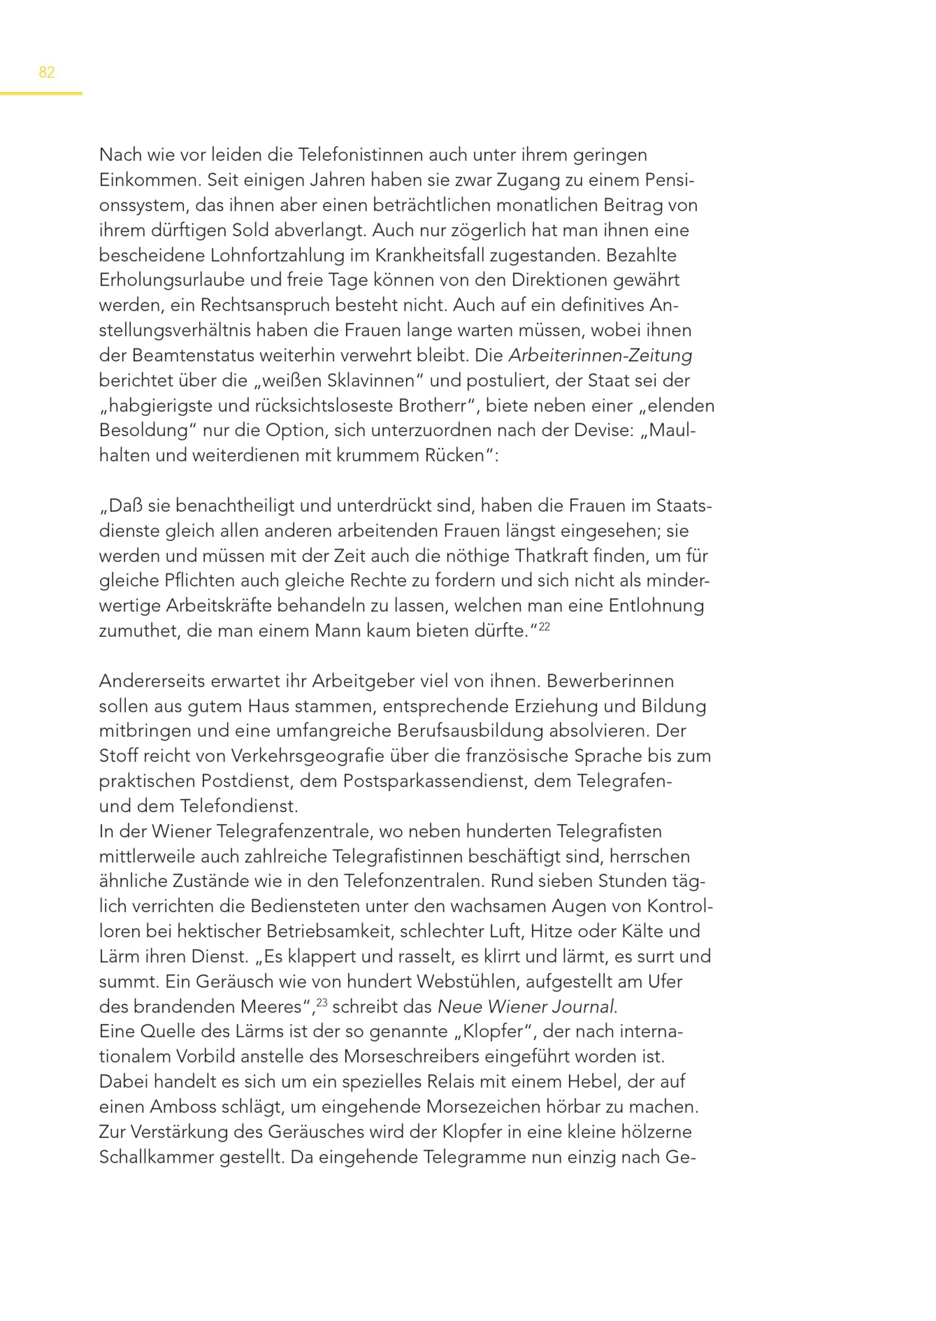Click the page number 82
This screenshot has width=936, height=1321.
pyautogui.click(x=47, y=73)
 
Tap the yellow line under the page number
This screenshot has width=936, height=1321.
pyautogui.click(x=41, y=94)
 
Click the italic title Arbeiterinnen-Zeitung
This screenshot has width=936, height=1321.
pyautogui.click(x=600, y=356)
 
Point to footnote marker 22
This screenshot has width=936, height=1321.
pyautogui.click(x=544, y=627)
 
